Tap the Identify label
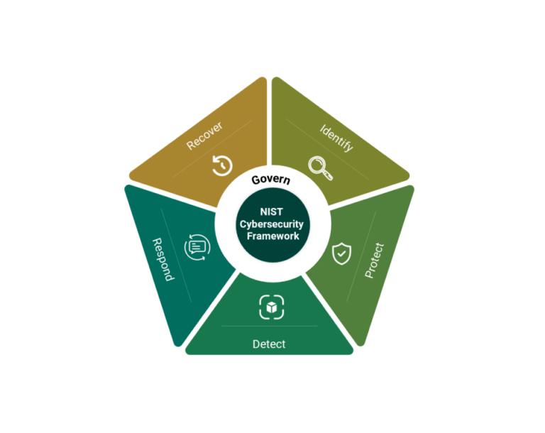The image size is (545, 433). click(336, 137)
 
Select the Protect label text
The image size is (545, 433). click(374, 261)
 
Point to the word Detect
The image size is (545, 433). click(269, 344)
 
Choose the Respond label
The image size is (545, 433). click(164, 259)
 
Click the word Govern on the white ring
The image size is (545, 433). click(270, 180)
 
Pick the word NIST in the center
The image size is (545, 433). click(272, 211)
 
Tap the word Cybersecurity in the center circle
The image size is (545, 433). click(272, 224)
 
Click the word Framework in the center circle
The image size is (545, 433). click(272, 236)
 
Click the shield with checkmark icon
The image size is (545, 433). click(341, 252)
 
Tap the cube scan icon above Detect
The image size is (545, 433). click(271, 307)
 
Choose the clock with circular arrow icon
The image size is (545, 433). click(222, 165)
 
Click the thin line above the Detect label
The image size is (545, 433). click(269, 326)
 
